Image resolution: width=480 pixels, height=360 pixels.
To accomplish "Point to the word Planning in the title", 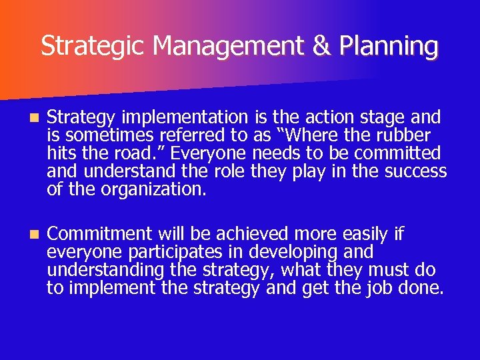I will [x=389, y=46].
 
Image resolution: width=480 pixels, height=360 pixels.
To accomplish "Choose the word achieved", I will [x=216, y=234].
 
